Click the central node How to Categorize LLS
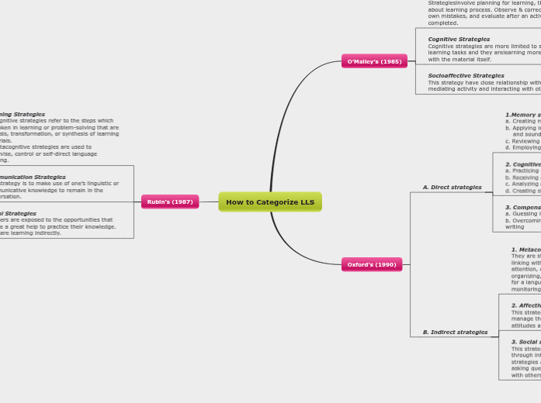coord(270,202)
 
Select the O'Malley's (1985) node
coord(374,61)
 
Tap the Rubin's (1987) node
coord(170,202)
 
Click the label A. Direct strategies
coord(452,188)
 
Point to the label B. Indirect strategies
coord(455,332)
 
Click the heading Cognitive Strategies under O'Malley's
coord(459,39)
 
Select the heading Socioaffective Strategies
coord(466,76)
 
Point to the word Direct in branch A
coord(446,188)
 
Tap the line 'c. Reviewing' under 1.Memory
coord(522,141)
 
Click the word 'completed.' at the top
coord(443,23)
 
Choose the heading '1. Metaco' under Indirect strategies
coord(525,250)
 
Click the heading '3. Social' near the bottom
coord(525,342)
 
